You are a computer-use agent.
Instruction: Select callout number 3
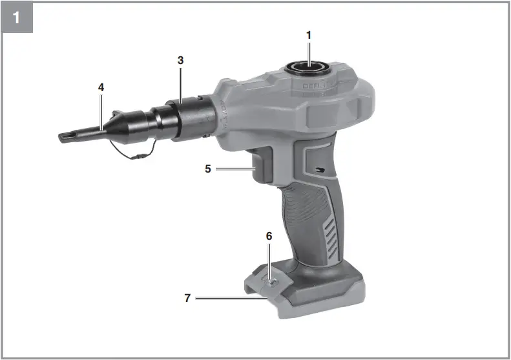coord(181,60)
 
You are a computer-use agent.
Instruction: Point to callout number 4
coord(101,86)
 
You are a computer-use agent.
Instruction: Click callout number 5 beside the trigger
coord(208,169)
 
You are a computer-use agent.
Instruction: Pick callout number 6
coord(269,237)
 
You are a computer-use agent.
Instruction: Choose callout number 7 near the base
coord(188,298)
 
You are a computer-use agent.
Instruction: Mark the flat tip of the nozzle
coord(65,136)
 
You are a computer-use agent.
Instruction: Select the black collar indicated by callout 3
coord(187,117)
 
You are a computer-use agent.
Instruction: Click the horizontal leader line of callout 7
coord(226,298)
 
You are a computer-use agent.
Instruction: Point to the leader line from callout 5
coord(235,169)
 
